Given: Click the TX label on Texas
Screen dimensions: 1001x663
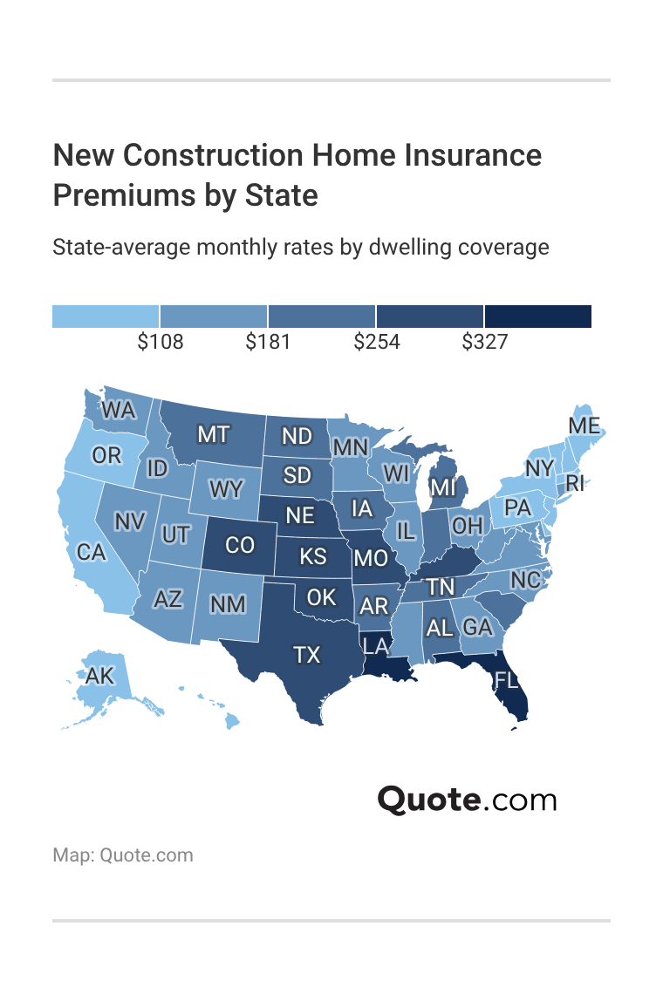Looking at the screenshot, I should (x=307, y=655).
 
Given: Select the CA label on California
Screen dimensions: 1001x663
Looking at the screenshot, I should (x=91, y=552).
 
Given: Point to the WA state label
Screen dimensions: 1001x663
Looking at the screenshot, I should (x=119, y=409).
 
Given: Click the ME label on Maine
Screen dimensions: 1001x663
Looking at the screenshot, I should (x=584, y=426).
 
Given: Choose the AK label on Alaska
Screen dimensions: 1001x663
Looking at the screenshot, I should (x=99, y=675).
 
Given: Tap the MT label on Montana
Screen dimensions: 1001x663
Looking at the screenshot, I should (x=214, y=433).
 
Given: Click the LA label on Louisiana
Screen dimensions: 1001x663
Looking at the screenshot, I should (x=375, y=646).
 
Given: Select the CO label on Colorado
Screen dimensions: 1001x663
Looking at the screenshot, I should (x=240, y=545).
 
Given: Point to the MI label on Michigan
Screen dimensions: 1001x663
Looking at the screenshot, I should (x=443, y=486).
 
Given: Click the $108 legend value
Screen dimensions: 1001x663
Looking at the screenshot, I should (x=161, y=342).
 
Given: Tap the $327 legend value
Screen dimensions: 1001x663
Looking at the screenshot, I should (x=484, y=342).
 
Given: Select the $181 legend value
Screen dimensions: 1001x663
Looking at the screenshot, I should (x=268, y=342).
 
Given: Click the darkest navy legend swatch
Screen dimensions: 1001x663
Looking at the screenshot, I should (x=538, y=317).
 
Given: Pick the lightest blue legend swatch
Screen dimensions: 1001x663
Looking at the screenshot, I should (x=106, y=317).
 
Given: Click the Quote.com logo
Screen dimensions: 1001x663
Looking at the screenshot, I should (x=467, y=799).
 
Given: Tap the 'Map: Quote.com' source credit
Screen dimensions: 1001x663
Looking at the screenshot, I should (x=123, y=855).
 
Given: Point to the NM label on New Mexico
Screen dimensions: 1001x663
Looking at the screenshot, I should (x=228, y=603).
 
